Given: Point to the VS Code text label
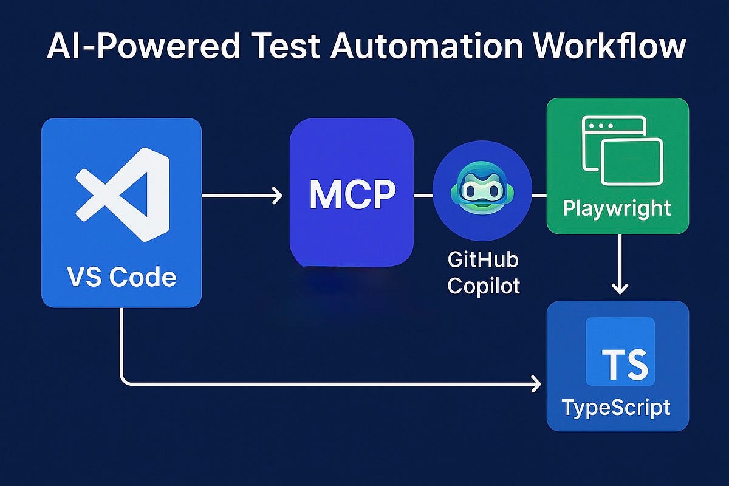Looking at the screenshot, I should pyautogui.click(x=122, y=277).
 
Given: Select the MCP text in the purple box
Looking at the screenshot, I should pyautogui.click(x=352, y=195).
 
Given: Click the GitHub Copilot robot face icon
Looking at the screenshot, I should pyautogui.click(x=482, y=195).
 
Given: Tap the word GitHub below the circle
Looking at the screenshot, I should pyautogui.click(x=484, y=261).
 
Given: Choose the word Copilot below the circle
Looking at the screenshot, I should pyautogui.click(x=484, y=285).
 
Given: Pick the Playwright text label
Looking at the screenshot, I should pyautogui.click(x=617, y=208).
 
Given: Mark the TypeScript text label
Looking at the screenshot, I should pyautogui.click(x=617, y=406).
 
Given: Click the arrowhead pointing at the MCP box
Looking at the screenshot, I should pyautogui.click(x=277, y=196).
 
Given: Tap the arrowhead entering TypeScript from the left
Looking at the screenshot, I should pyautogui.click(x=535, y=383).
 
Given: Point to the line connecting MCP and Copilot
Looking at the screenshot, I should pyautogui.click(x=423, y=196).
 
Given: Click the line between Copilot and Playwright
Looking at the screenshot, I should pyautogui.click(x=539, y=196).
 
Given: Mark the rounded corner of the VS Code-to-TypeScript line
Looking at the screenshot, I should pyautogui.click(x=125, y=380).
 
